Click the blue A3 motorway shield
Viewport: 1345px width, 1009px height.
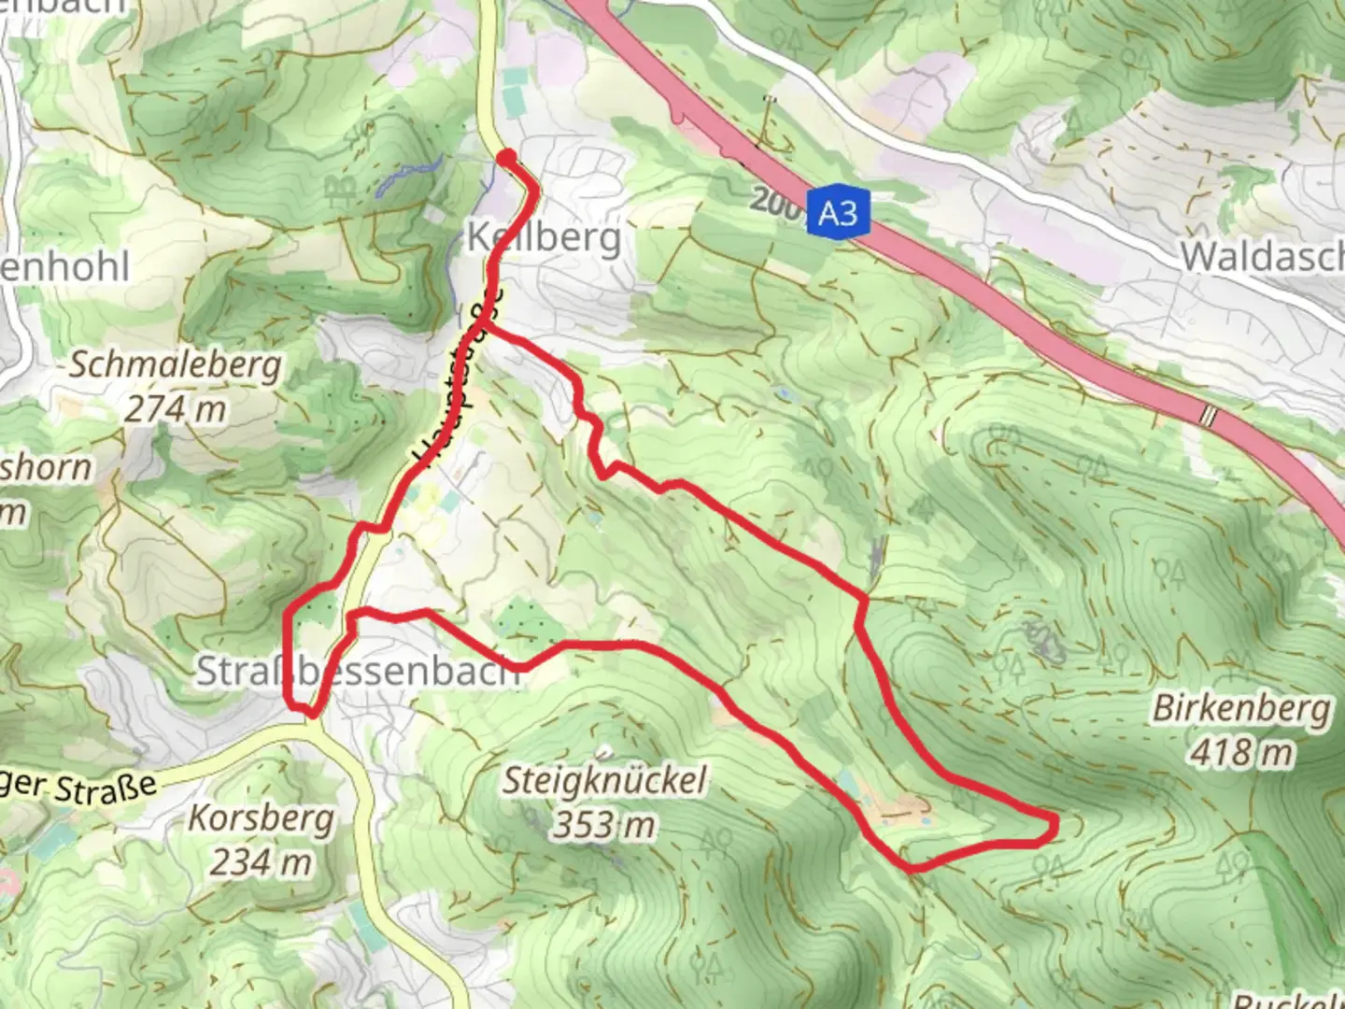[x=837, y=214]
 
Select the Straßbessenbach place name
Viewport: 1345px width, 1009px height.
[x=356, y=671]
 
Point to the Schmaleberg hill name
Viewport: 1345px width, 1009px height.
[x=175, y=364]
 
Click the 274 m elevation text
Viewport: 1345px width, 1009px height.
[x=175, y=408]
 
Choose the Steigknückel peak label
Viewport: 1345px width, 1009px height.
[x=604, y=780]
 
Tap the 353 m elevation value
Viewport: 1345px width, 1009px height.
[x=604, y=825]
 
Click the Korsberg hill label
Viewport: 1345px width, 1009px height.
[x=261, y=818]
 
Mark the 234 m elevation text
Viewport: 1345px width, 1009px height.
[x=261, y=861]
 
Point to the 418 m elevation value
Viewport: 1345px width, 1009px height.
[x=1241, y=751]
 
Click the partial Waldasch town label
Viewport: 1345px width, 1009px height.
[x=1261, y=255]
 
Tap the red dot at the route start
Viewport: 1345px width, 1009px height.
[x=506, y=158]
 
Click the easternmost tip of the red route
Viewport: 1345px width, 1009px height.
[x=1055, y=823]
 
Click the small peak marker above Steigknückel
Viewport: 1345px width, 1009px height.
[x=605, y=750]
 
